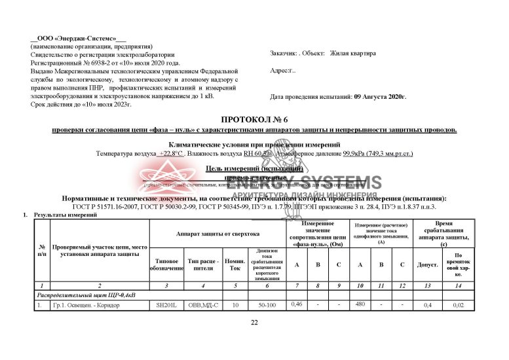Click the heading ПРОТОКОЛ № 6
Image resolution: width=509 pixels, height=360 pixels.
[x=254, y=120]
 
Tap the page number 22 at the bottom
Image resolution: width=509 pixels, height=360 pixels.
[x=255, y=323]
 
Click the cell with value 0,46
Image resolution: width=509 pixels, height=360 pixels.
[x=296, y=304]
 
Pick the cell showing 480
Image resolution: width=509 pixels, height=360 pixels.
[x=359, y=304]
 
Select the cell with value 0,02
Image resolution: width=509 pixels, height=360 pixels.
[x=458, y=305]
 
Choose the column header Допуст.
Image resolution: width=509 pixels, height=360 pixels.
[x=427, y=265]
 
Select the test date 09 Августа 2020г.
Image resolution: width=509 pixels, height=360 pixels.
[x=380, y=97]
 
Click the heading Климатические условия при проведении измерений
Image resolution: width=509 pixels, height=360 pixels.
[x=254, y=144]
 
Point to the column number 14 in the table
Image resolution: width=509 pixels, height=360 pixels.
[x=458, y=285]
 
